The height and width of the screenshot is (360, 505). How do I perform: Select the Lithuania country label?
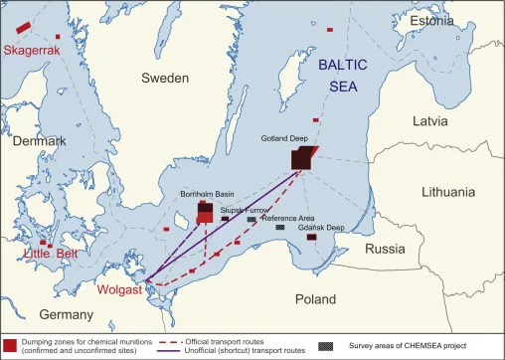(448, 191)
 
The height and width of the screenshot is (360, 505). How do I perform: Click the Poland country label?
(316, 298)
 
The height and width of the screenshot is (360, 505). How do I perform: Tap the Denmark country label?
(39, 141)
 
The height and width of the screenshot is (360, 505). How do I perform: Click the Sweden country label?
(165, 78)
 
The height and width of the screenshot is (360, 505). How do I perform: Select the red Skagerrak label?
(32, 50)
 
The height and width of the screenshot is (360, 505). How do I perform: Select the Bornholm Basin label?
(206, 194)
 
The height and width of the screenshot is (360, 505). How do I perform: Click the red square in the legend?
(9, 345)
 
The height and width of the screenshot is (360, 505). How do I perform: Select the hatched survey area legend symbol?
(325, 345)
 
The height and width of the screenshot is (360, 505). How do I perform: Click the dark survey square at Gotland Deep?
(302, 160)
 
